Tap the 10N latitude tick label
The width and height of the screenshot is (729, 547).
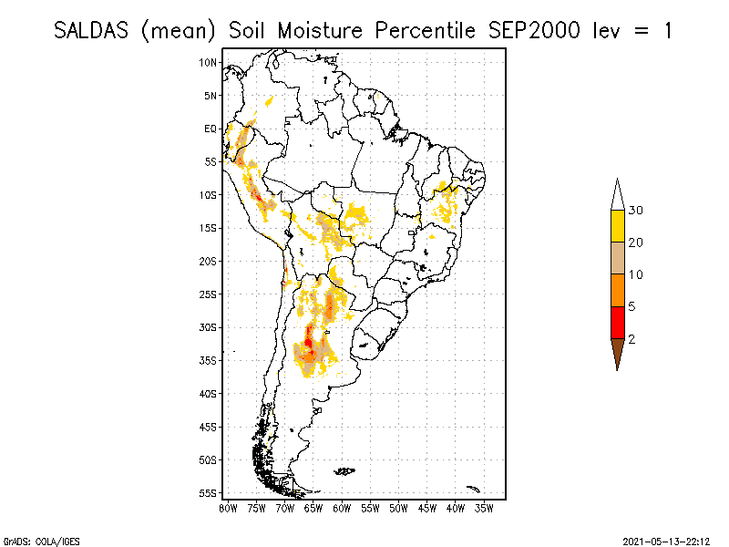coord(209,62)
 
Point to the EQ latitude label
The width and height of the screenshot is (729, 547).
coord(210,129)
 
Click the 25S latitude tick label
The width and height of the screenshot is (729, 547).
coord(209,294)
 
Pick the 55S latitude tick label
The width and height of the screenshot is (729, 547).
coord(209,492)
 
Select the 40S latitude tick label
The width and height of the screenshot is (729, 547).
coord(209,393)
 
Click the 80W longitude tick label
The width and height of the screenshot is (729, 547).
coord(228,507)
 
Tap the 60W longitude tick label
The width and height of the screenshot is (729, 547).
coord(342,507)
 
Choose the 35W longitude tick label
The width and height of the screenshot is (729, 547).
coord(484,507)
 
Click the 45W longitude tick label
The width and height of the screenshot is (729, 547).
coord(427,507)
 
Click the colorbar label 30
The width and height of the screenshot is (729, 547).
coord(637,211)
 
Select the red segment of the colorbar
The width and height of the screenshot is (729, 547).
coord(618,322)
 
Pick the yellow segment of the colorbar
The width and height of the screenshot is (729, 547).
coord(618,226)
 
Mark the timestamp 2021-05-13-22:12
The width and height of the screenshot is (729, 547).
coord(666,540)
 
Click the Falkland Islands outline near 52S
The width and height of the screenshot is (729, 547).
coord(344,471)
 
